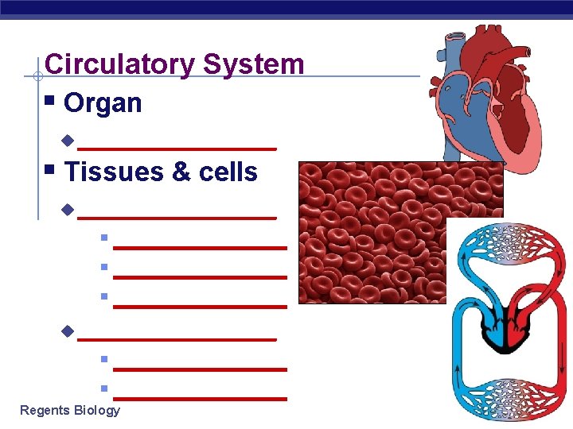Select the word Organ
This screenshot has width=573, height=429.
click(x=103, y=103)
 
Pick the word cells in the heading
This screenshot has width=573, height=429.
click(x=230, y=172)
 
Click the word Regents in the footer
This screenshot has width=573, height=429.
click(x=44, y=410)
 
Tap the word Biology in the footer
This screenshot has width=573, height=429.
click(x=95, y=410)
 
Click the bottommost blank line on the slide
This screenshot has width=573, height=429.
click(x=200, y=398)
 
